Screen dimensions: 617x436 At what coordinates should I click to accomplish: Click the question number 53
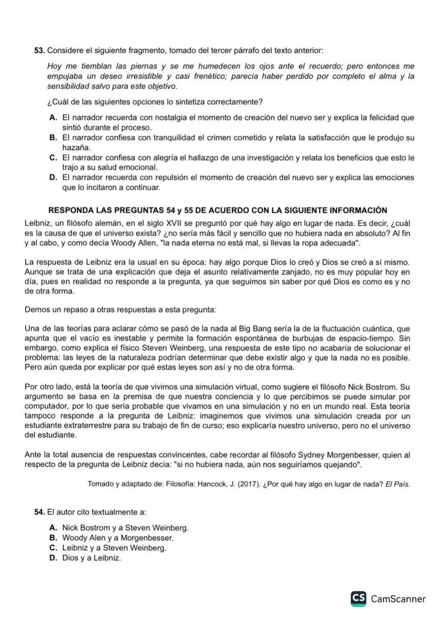click(x=39, y=50)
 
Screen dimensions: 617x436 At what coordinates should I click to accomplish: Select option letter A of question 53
click(x=53, y=118)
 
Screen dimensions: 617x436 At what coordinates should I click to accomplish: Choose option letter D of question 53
click(x=53, y=177)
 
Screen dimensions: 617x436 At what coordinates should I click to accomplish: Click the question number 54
click(x=39, y=512)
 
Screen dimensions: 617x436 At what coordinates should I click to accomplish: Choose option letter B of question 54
click(x=53, y=538)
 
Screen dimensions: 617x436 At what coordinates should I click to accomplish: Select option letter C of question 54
click(x=53, y=548)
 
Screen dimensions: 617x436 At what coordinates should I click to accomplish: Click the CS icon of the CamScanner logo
click(x=358, y=598)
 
